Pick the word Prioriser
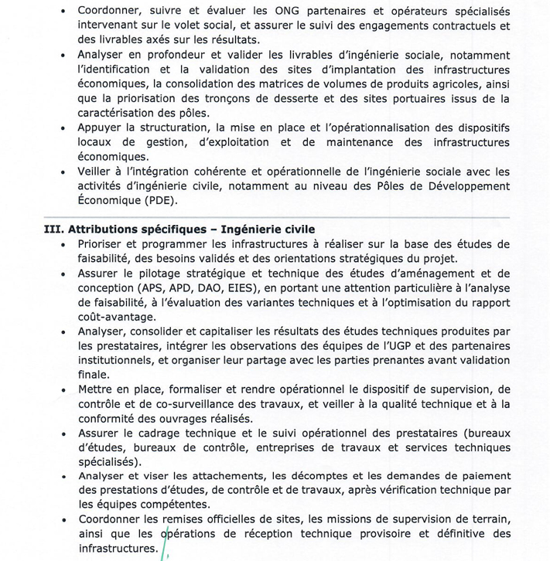click(x=104, y=244)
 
